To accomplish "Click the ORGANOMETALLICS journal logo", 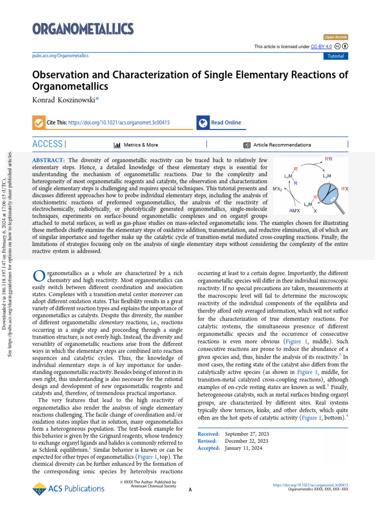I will click(x=83, y=28).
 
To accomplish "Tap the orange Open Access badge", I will click(x=336, y=37).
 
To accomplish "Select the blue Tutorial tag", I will click(x=335, y=56).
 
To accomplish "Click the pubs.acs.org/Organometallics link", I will click(x=60, y=56).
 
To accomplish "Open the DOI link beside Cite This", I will click(x=115, y=123).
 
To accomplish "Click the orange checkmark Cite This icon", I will click(x=38, y=123).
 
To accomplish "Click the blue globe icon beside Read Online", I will click(x=202, y=123).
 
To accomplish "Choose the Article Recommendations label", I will click(x=282, y=145).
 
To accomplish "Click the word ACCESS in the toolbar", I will click(x=48, y=144).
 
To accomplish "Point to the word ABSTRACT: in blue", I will click(x=49, y=160).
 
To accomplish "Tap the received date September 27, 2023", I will click(x=247, y=434).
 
